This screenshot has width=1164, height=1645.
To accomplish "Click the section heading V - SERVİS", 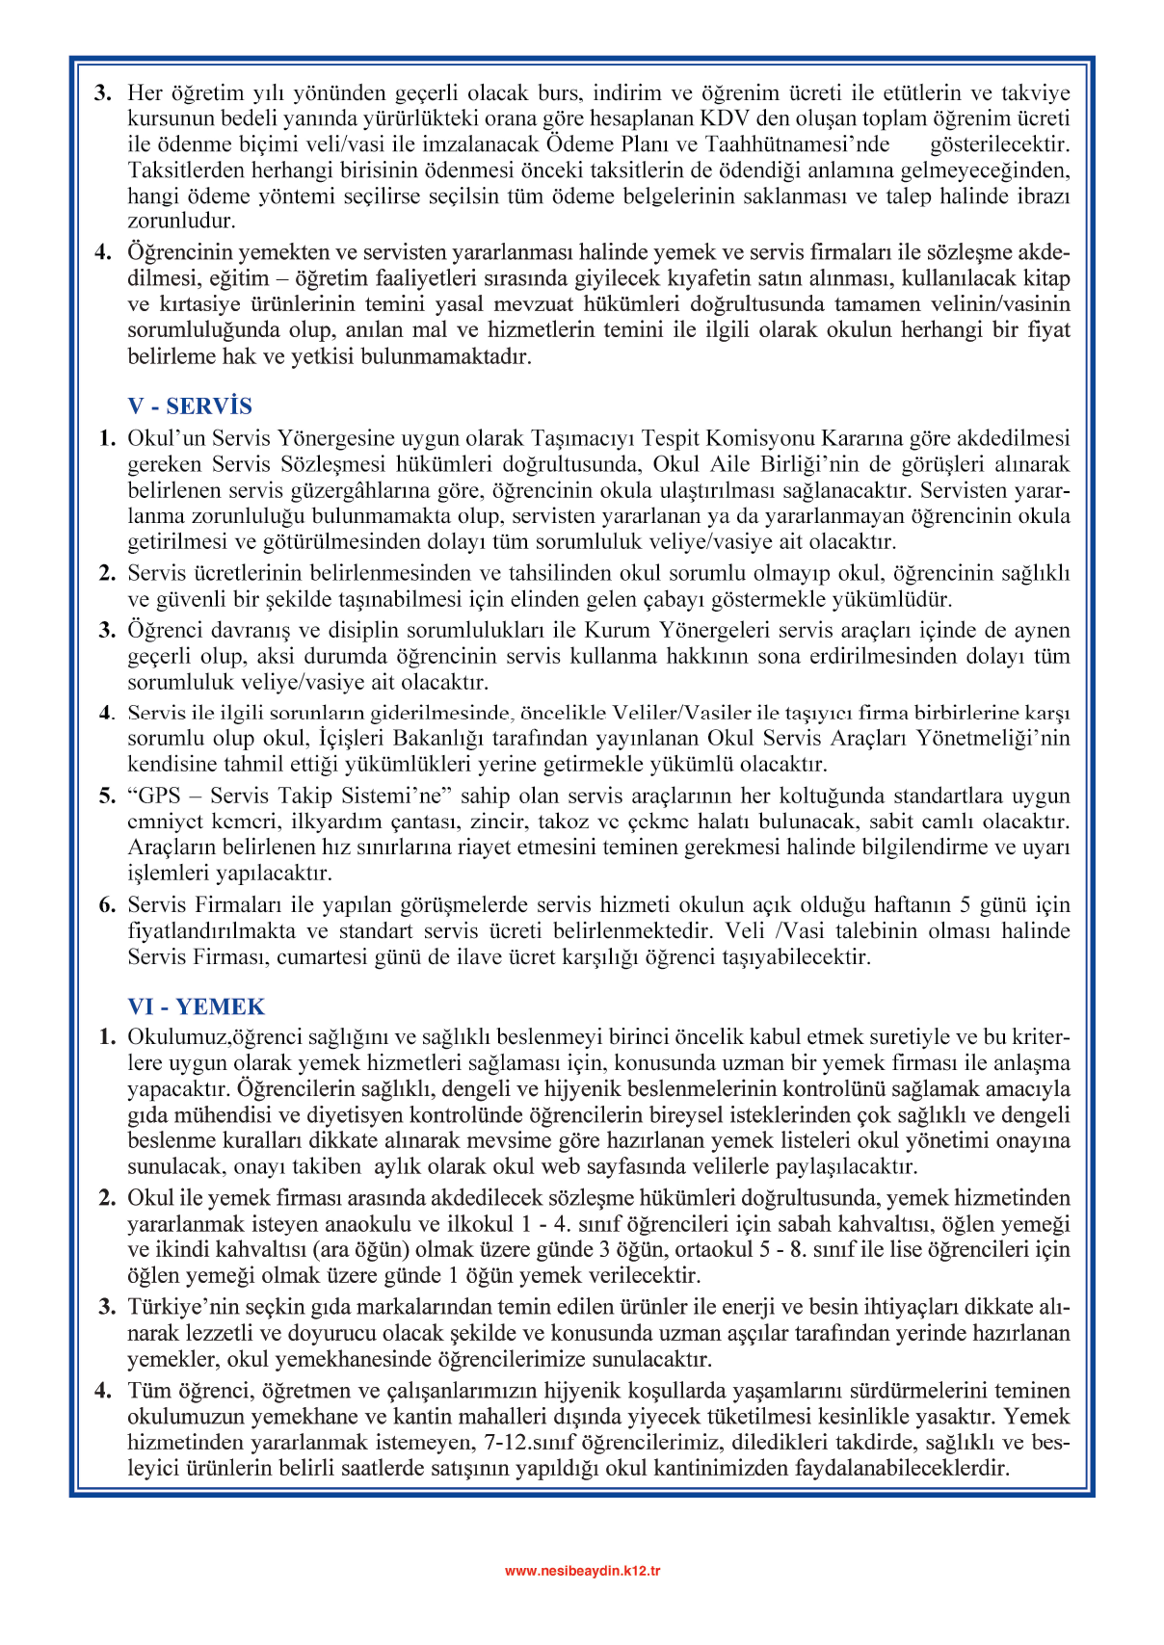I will (x=190, y=406).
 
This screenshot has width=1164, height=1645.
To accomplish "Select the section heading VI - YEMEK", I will (x=196, y=1006).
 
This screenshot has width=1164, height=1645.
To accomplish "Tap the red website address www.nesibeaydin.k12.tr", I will (x=582, y=1571).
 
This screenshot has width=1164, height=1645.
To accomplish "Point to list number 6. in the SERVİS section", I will (x=107, y=905).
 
